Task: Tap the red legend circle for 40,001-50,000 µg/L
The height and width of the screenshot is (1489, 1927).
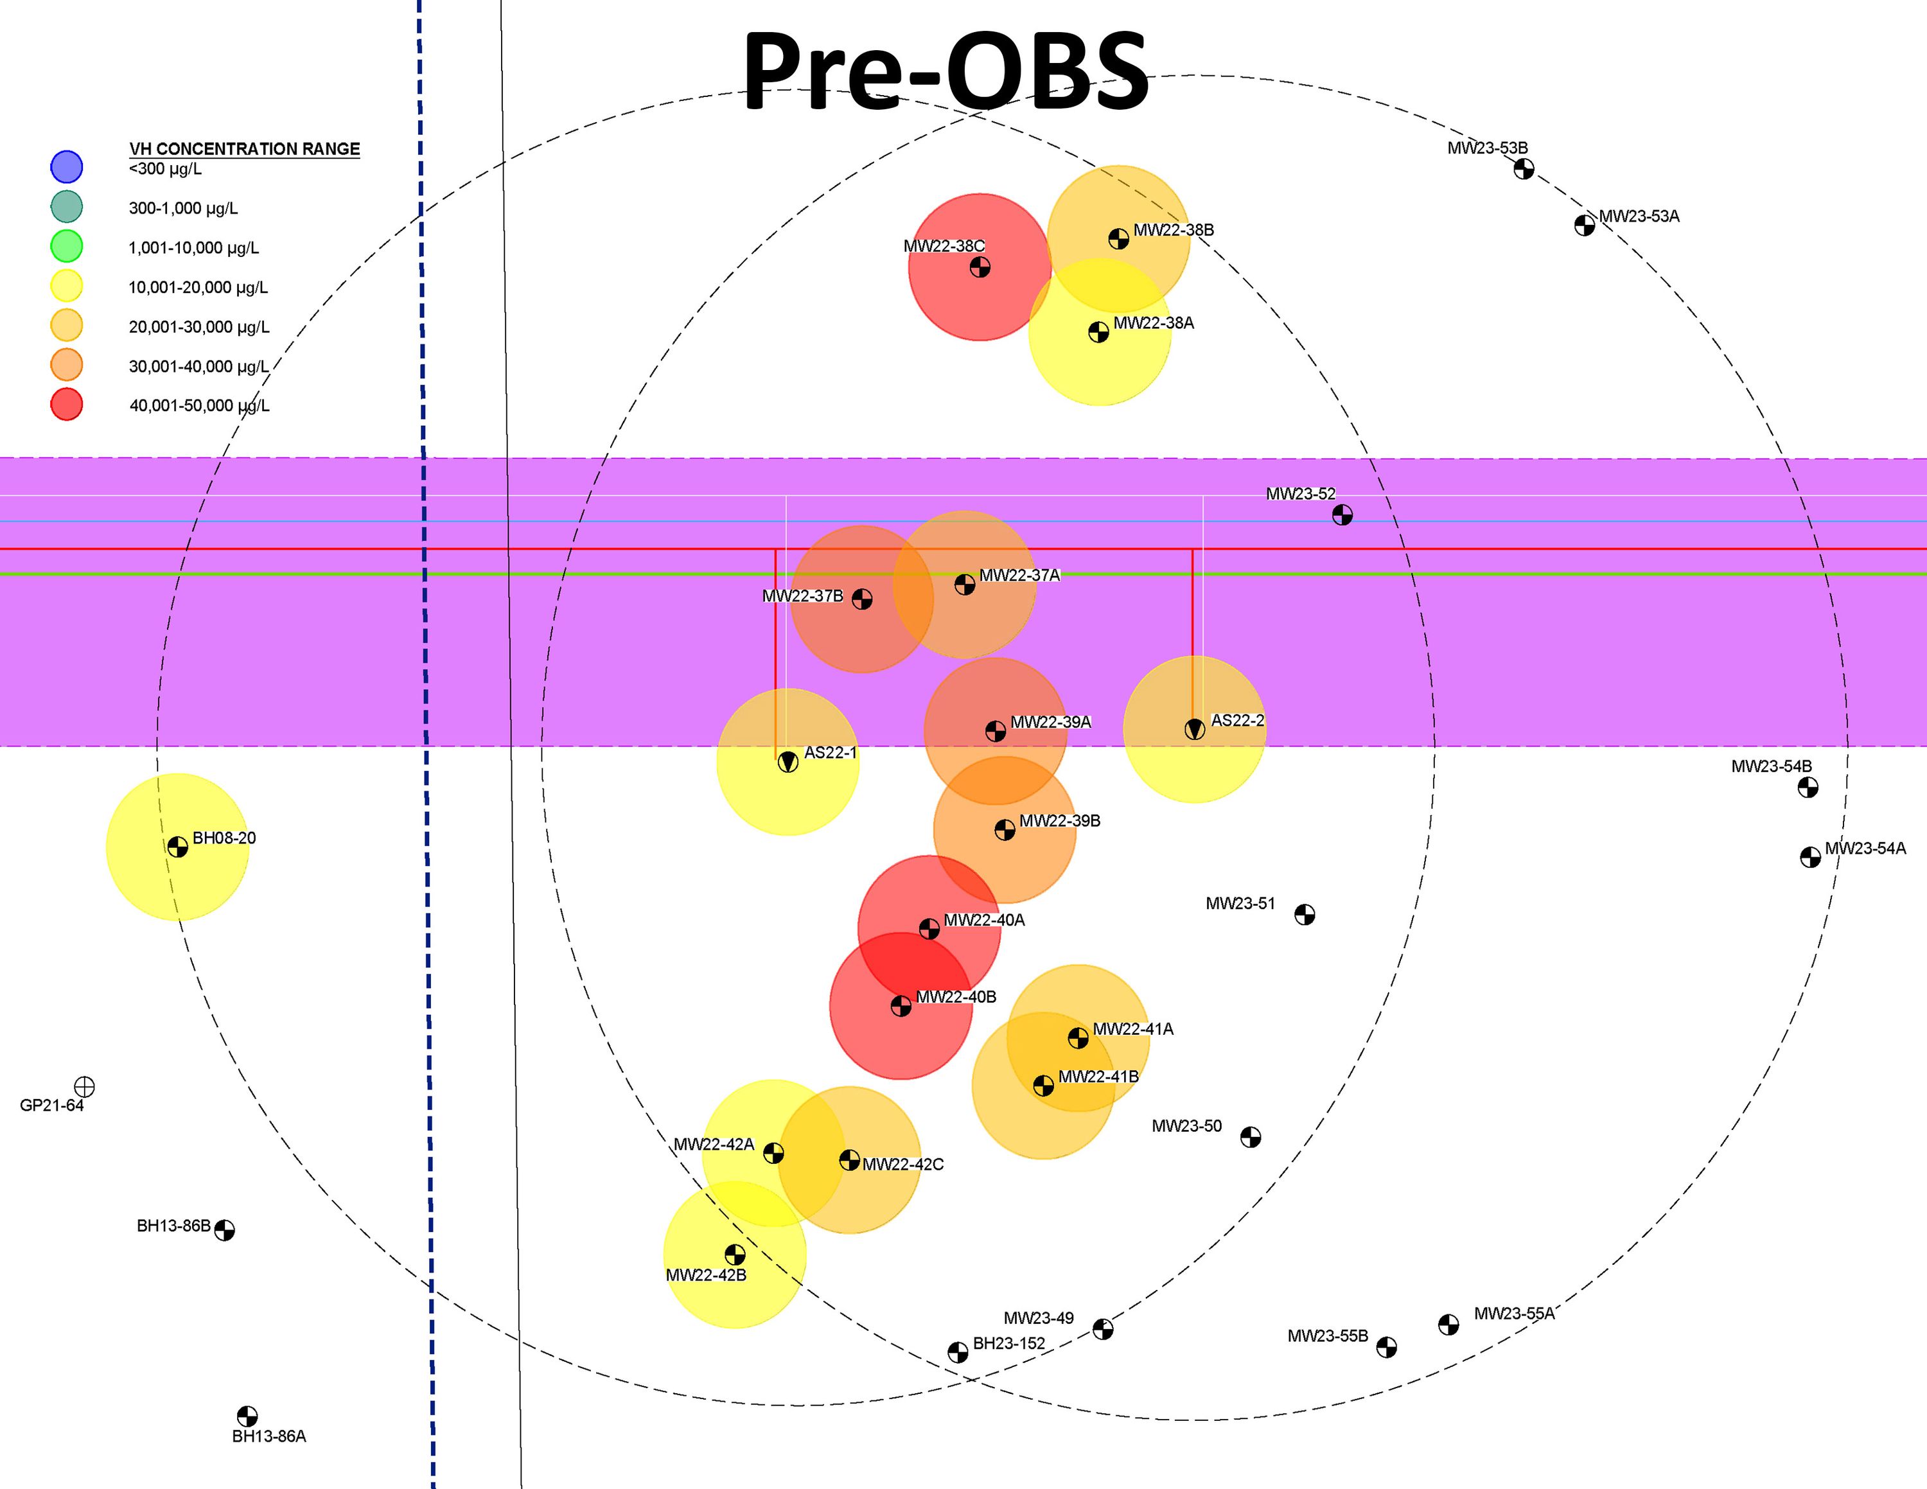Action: coord(66,404)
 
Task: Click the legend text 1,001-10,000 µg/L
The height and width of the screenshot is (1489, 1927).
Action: coord(194,248)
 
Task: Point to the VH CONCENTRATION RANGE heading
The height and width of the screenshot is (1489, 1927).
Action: coord(244,149)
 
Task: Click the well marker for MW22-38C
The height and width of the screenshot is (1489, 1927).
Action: coord(980,267)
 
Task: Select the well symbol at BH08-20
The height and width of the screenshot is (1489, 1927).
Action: coord(177,847)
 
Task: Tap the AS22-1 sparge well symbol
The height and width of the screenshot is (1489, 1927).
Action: coord(788,762)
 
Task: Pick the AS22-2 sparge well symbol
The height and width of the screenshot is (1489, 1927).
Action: coord(1195,730)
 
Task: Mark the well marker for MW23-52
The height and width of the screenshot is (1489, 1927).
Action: coord(1342,515)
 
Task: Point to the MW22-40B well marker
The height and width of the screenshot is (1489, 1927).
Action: coord(901,1005)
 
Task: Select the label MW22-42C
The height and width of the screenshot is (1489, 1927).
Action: coord(902,1165)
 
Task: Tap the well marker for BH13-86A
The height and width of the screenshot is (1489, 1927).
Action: coord(247,1416)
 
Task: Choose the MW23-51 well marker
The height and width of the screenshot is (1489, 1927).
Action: coord(1304,915)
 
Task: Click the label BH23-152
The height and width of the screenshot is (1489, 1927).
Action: coord(1008,1343)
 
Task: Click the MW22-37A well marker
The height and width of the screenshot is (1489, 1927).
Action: coord(964,584)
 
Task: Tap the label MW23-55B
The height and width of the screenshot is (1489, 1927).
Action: coord(1327,1335)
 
